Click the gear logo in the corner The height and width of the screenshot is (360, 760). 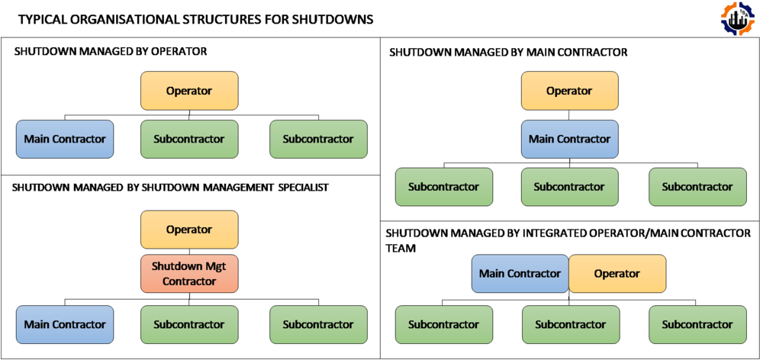click(x=738, y=19)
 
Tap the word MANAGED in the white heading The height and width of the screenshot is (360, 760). click(x=480, y=53)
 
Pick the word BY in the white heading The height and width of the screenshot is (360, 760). click(x=517, y=53)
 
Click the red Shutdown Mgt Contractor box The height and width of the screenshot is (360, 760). click(x=189, y=274)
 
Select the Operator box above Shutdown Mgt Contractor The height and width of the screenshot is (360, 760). click(x=189, y=230)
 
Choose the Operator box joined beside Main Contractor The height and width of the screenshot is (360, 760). click(x=617, y=274)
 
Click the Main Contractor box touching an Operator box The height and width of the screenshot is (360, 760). click(x=520, y=274)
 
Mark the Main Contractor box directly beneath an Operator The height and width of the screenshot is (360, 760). click(x=569, y=140)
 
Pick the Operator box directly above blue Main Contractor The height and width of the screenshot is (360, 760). click(x=569, y=91)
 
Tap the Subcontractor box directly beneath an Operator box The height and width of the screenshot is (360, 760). click(x=189, y=140)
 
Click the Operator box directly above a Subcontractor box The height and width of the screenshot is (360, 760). click(x=189, y=91)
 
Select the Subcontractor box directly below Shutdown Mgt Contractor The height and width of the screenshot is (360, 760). click(x=189, y=324)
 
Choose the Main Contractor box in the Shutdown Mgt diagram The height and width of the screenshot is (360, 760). click(x=65, y=324)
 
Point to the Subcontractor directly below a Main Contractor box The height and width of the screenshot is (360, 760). click(x=569, y=187)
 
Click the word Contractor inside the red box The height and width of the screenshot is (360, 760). click(x=189, y=281)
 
